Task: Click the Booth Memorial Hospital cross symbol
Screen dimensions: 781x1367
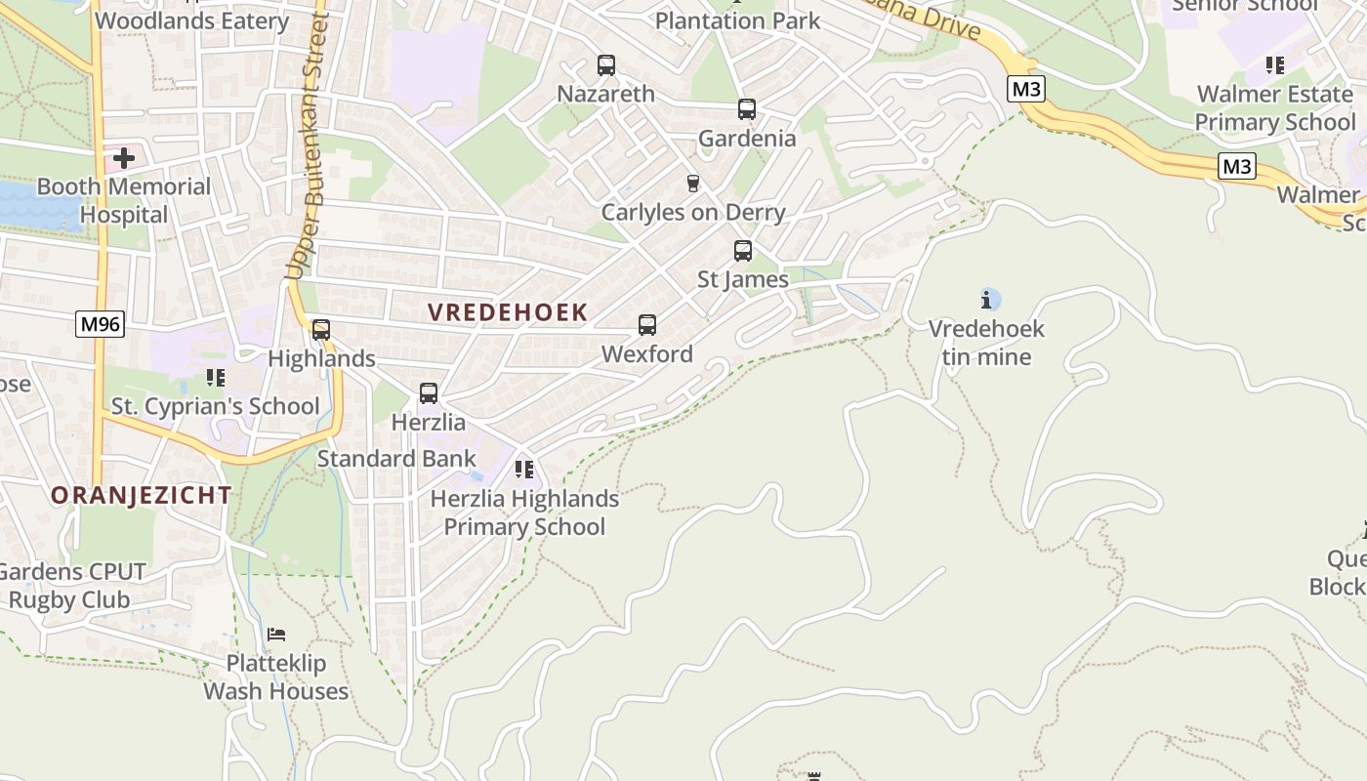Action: tap(124, 157)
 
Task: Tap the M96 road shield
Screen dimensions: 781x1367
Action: tap(101, 323)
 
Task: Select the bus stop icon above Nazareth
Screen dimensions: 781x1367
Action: tap(606, 65)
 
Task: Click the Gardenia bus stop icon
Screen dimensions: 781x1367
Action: tap(747, 109)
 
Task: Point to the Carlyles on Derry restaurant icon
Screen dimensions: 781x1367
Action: tap(693, 184)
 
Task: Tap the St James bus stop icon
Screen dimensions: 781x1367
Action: tap(743, 251)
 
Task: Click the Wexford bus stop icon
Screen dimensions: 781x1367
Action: tap(647, 325)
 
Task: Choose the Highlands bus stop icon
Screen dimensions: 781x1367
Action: tap(321, 330)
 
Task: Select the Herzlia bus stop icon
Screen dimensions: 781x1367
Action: tap(429, 393)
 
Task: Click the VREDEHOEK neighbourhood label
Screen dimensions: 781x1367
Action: tap(508, 312)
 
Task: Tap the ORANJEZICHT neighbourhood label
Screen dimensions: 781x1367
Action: tap(142, 495)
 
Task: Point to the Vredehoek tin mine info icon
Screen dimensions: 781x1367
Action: tap(989, 300)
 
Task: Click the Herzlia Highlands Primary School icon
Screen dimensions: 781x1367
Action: tap(524, 470)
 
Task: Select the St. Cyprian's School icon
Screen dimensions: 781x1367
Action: tap(216, 378)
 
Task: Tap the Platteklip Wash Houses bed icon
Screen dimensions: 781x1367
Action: tap(276, 635)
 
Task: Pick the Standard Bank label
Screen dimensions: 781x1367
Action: tap(396, 458)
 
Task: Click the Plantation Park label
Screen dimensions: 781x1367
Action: tap(738, 20)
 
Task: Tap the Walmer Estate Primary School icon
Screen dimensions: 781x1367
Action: tap(1274, 65)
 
